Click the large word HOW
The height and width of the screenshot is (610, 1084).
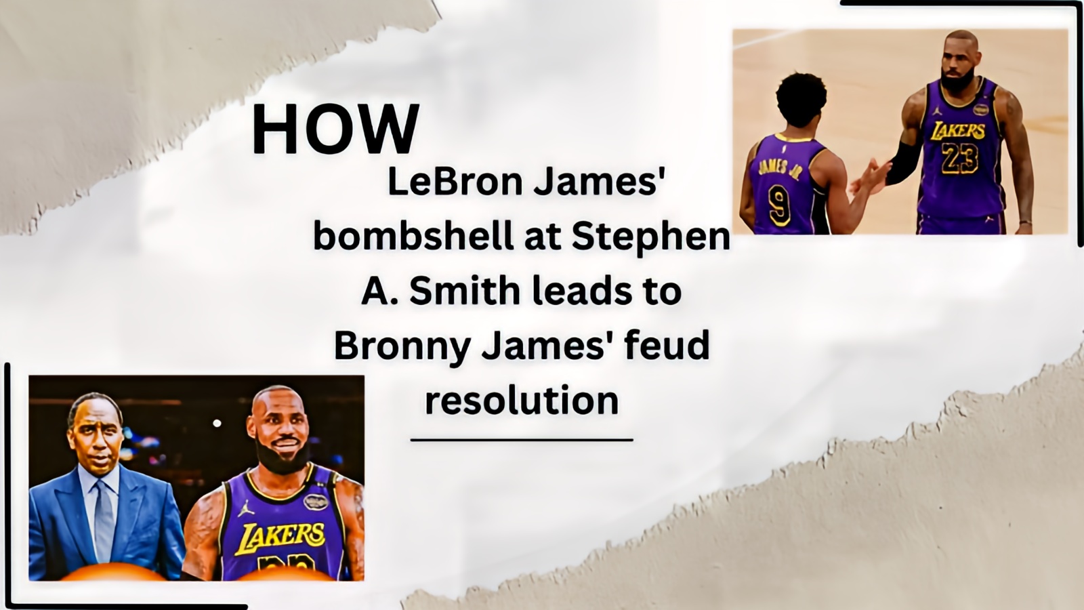click(335, 129)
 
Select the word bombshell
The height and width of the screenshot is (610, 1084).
click(413, 237)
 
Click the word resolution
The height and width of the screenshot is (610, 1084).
click(522, 401)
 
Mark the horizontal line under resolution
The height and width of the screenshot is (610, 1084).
click(522, 440)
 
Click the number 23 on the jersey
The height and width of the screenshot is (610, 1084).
click(959, 158)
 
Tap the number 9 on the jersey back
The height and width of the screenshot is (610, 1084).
click(780, 205)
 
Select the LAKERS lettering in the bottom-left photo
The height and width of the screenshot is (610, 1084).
click(280, 537)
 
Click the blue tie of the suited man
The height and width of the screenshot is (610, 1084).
click(104, 521)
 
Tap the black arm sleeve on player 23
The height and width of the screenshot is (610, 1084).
click(902, 163)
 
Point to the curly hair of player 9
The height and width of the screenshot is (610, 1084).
click(801, 99)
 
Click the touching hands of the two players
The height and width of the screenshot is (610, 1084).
click(873, 177)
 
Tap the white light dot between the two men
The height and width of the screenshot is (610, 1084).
click(217, 423)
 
